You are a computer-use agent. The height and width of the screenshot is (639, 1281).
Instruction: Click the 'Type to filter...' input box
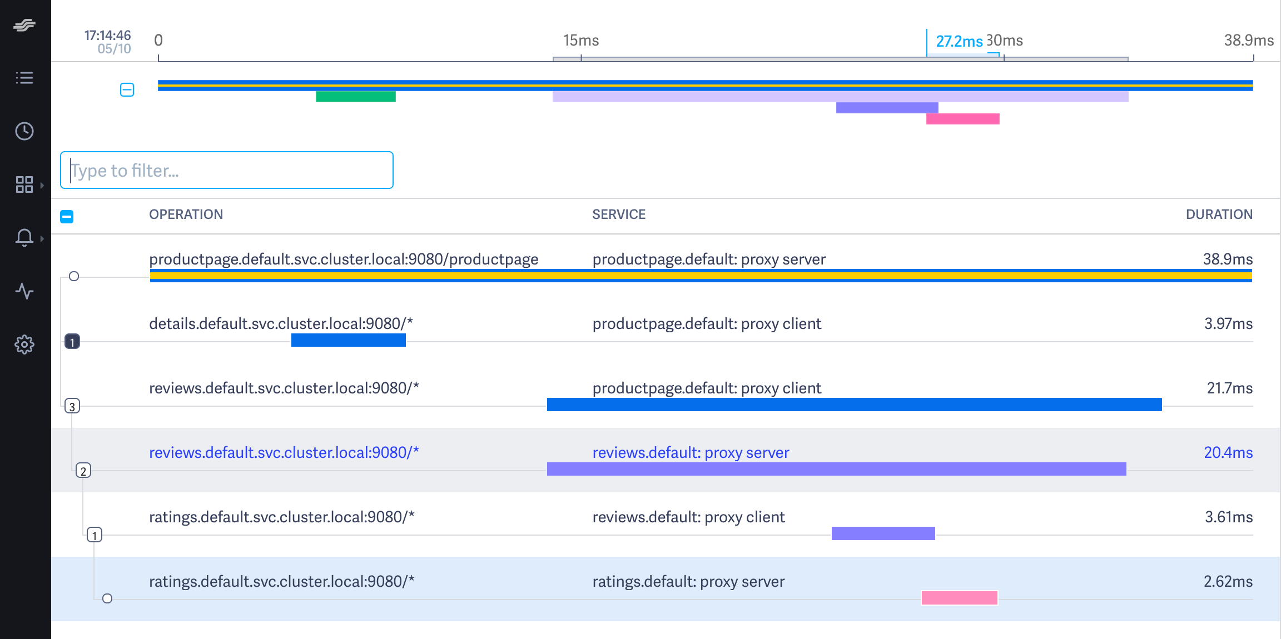[226, 170]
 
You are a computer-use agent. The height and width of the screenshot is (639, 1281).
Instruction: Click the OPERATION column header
[186, 214]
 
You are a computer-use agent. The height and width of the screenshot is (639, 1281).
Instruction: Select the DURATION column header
[1219, 214]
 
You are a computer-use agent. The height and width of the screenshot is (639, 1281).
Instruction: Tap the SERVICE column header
[619, 214]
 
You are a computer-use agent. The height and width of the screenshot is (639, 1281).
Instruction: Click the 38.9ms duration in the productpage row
[1228, 259]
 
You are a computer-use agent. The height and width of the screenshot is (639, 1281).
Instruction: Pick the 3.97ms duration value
[1228, 323]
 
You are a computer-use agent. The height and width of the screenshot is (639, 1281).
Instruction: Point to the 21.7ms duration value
[1229, 388]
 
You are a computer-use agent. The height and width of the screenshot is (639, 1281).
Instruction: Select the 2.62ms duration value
[1228, 581]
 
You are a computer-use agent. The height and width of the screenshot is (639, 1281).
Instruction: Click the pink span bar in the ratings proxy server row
[960, 598]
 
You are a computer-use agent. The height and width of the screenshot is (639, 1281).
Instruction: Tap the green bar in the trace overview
[356, 97]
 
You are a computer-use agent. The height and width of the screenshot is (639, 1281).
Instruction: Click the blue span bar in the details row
[349, 340]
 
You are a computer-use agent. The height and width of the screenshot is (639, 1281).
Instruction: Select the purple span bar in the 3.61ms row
[883, 533]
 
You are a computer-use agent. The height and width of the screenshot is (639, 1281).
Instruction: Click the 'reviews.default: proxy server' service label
[691, 452]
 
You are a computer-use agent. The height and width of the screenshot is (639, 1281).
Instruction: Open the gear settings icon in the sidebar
[24, 345]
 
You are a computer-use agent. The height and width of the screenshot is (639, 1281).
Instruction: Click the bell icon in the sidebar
[24, 237]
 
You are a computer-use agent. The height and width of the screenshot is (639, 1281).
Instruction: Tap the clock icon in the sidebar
[24, 131]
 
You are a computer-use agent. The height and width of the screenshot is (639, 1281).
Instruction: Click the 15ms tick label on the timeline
[581, 41]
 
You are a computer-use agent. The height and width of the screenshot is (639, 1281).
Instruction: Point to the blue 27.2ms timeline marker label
[959, 41]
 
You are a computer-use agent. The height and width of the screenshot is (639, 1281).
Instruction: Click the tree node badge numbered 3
[72, 406]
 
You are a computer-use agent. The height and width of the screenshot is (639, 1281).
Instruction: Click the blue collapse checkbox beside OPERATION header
[67, 216]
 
